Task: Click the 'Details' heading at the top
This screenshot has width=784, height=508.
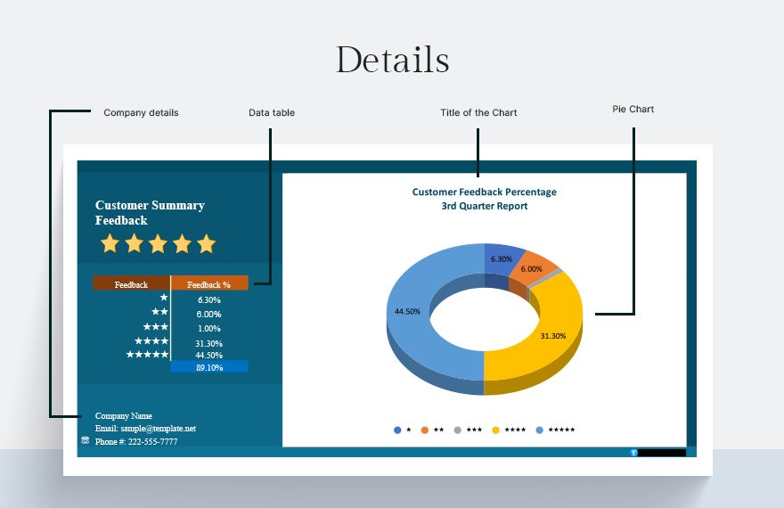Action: pos(393,60)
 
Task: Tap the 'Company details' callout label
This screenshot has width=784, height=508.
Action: pos(141,113)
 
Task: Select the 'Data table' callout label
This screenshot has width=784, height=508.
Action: pos(272,113)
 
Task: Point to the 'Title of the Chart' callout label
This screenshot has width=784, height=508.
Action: pos(478,113)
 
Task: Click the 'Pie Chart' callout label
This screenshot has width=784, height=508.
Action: pos(633,109)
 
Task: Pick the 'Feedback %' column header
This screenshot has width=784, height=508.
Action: pos(209,283)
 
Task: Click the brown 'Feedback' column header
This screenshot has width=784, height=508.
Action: pos(131,283)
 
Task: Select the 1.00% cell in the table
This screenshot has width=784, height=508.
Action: pos(209,329)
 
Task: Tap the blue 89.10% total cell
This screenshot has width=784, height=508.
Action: pos(209,366)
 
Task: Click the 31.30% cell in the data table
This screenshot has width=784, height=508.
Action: pos(209,343)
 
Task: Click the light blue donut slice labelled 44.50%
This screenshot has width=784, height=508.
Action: pos(415,320)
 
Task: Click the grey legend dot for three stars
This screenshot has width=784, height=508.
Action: pos(458,430)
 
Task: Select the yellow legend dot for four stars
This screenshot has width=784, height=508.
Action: pos(495,430)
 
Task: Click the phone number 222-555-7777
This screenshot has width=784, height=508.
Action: pos(152,441)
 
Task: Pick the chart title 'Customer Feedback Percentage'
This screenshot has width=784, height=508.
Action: pos(484,192)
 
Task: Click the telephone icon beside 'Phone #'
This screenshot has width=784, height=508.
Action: pos(85,440)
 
